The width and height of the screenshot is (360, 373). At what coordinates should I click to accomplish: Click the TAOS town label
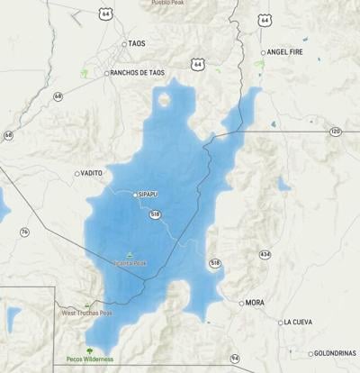[x=137, y=43]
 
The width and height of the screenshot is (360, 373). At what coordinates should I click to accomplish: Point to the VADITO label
[x=92, y=173]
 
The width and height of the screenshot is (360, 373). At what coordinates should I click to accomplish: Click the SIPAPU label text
[x=148, y=194]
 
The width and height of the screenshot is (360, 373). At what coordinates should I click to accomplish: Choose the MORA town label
[x=256, y=303]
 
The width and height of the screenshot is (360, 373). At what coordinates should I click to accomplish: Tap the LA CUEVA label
[x=299, y=322]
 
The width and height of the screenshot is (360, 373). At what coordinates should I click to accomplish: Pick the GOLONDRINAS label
[x=335, y=353]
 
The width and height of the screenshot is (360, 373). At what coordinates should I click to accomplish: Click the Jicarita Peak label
[x=130, y=263]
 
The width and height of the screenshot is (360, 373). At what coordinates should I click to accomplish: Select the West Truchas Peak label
[x=86, y=313]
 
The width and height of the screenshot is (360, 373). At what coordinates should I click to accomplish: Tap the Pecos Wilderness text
[x=89, y=359]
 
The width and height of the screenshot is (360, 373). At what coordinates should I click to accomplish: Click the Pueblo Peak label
[x=171, y=3]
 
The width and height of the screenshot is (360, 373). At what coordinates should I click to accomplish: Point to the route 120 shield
[x=335, y=132]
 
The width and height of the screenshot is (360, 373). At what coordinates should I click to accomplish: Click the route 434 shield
[x=264, y=255]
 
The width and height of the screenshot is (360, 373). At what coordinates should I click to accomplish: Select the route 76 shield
[x=24, y=232]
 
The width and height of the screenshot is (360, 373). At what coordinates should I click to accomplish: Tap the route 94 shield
[x=235, y=359]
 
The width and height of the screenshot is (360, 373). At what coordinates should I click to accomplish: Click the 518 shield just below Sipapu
[x=155, y=214]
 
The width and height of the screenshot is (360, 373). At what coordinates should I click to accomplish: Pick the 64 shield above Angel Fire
[x=264, y=20]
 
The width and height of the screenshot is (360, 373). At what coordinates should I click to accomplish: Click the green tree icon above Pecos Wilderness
[x=88, y=350]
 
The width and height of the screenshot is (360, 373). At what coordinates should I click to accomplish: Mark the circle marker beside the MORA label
[x=241, y=303]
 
